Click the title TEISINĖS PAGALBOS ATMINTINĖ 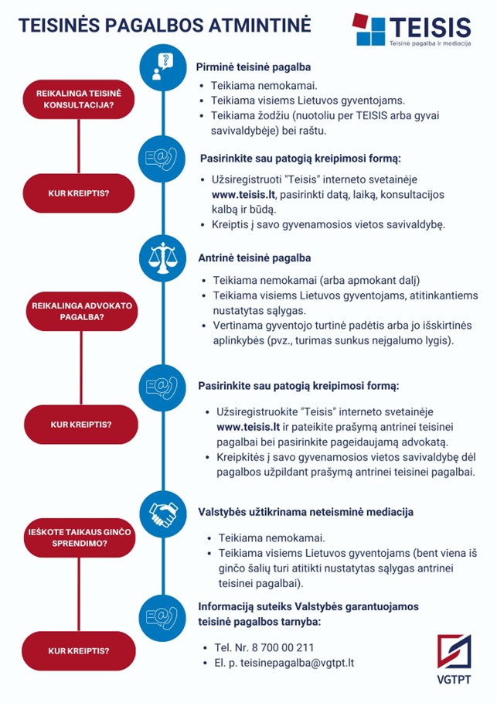coord(165,25)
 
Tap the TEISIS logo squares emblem coord(369,29)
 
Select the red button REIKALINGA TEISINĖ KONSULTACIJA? coord(78,99)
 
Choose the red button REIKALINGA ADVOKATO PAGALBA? coord(82,311)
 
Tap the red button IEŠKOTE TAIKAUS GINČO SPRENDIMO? coord(80,537)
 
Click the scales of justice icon coord(162,258)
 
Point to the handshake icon coord(162,514)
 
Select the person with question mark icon coord(162,67)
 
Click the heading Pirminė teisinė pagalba coord(254,67)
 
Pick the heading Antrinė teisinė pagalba coord(254,258)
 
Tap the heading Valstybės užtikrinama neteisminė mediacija coord(305,512)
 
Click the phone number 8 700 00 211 coord(283,647)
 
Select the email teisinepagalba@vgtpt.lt coord(297,663)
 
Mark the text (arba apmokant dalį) coord(369,281)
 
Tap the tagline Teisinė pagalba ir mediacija coord(430,43)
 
